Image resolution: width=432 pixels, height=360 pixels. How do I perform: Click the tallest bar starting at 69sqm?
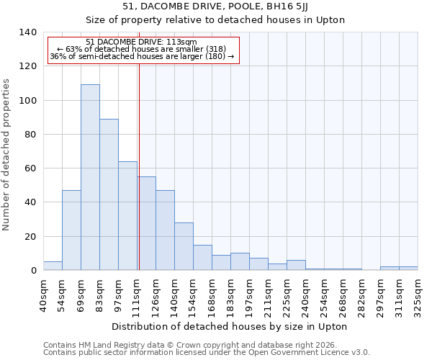(x=90, y=177)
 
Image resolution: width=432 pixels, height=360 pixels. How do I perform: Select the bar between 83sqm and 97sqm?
(x=109, y=194)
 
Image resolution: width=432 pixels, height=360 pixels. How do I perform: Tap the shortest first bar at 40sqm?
(x=53, y=266)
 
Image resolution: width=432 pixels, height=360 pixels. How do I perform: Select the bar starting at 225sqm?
(x=296, y=265)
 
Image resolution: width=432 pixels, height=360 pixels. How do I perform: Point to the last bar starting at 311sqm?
(x=408, y=268)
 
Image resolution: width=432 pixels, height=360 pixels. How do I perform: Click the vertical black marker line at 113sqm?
(x=139, y=166)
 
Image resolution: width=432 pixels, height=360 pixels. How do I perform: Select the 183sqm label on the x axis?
(x=230, y=296)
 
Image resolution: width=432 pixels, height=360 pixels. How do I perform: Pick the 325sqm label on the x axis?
(x=418, y=296)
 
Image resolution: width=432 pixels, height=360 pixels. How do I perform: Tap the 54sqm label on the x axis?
(x=62, y=296)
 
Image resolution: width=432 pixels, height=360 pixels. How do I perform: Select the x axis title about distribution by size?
(x=230, y=326)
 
